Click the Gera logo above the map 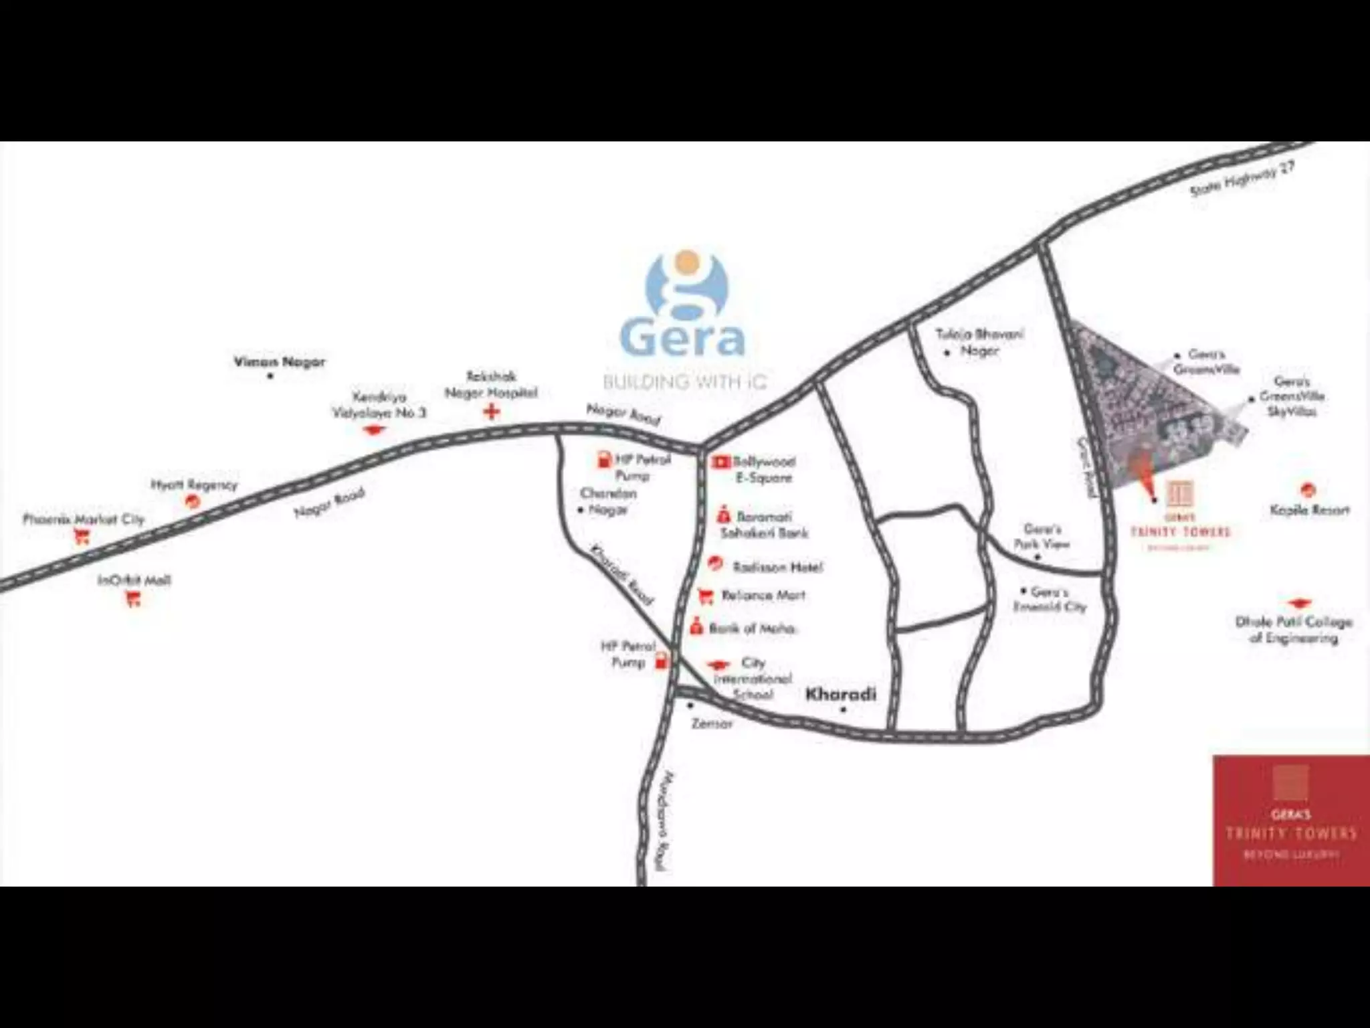(x=684, y=305)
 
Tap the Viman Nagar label (x=279, y=362)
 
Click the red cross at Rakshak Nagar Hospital (x=492, y=411)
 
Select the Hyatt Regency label (x=194, y=485)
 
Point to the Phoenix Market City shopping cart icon (x=82, y=535)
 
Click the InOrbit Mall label (x=134, y=580)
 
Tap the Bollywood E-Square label (x=763, y=469)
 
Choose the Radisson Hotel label (x=777, y=568)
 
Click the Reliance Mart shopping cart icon (x=704, y=595)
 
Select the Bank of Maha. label (x=752, y=628)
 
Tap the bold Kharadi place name (x=841, y=694)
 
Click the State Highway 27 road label (x=1242, y=179)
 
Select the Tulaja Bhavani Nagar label (x=979, y=341)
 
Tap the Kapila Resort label (x=1309, y=511)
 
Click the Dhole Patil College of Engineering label (x=1293, y=630)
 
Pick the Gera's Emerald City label (x=1050, y=600)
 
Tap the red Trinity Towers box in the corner (x=1291, y=821)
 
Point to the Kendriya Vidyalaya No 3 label (x=379, y=404)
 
